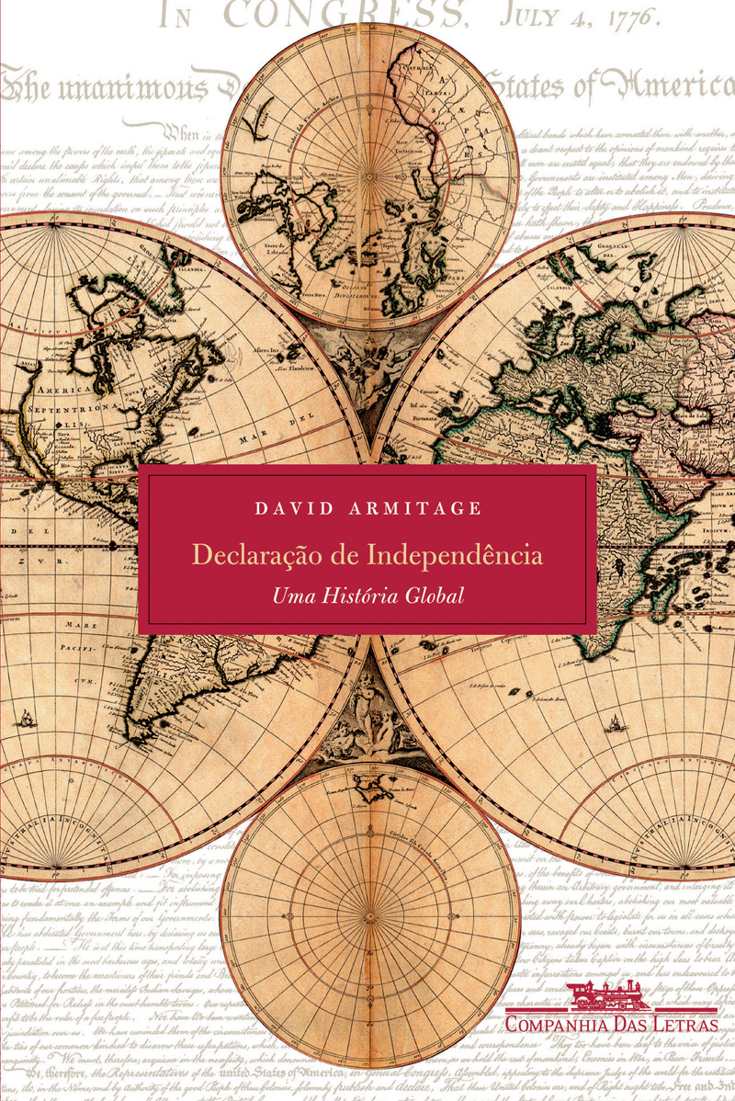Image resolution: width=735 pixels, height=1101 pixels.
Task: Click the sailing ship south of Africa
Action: (615, 725)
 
